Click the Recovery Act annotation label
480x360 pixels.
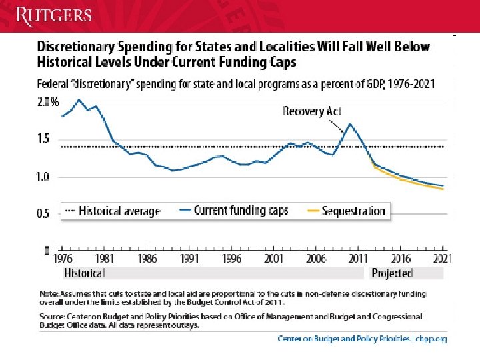(313, 111)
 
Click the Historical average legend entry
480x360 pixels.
(112, 211)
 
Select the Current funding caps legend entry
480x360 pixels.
(233, 211)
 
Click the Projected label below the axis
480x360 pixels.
(392, 273)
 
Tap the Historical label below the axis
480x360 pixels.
(84, 273)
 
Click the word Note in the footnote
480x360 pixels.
(49, 293)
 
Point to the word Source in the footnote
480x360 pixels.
(52, 318)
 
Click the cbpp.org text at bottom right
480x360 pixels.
(431, 339)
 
